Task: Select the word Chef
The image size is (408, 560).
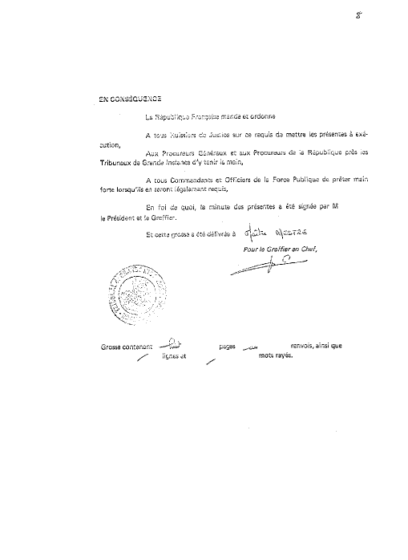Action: point(308,247)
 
